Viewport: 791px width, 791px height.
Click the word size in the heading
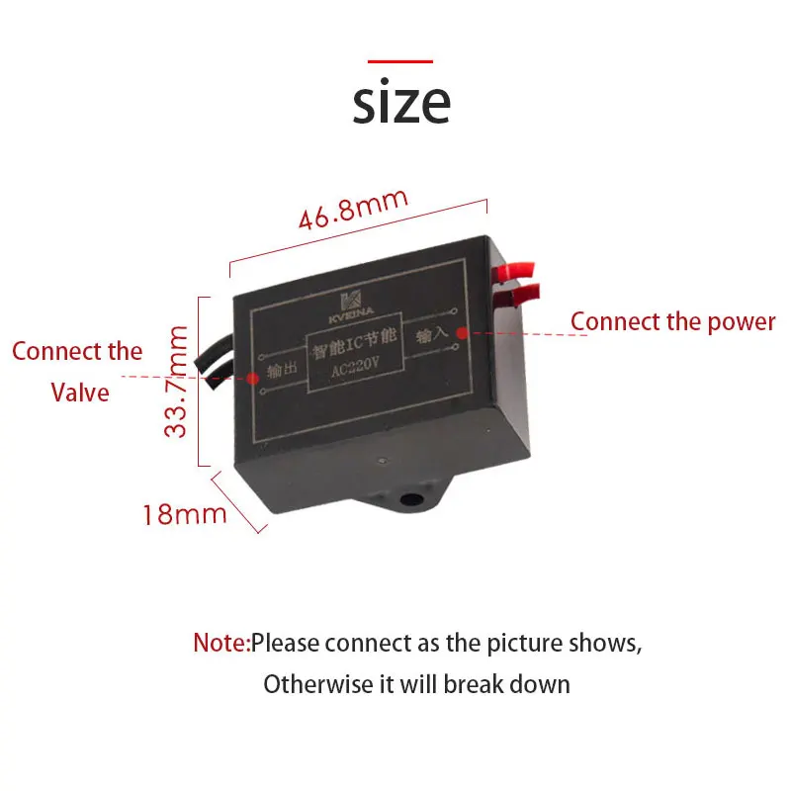400,102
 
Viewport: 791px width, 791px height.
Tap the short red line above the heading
400,61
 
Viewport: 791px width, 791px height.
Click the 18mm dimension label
185,514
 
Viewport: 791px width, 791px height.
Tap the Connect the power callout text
672,321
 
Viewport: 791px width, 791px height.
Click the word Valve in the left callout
79,393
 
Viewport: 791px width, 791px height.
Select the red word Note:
221,643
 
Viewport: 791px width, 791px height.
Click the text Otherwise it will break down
416,683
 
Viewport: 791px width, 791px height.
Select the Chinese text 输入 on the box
432,336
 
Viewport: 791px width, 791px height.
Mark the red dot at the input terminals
461,333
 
